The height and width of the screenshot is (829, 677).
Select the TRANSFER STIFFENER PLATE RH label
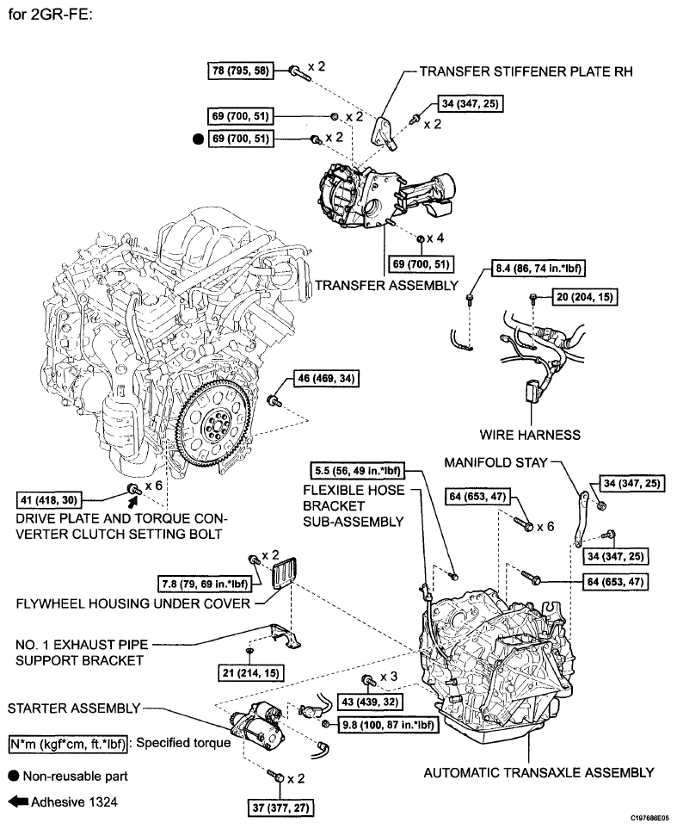coord(526,71)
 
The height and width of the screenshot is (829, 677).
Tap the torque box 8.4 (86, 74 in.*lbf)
coord(539,269)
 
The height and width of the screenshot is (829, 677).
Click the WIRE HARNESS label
coord(530,435)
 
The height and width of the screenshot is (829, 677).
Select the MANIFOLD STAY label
coord(495,462)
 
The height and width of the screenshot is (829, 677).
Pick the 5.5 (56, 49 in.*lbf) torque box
coord(358,470)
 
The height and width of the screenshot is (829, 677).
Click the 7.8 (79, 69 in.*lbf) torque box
coord(205,584)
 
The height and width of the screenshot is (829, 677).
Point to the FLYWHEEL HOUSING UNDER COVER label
coord(133,603)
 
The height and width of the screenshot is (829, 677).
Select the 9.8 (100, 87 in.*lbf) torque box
coord(388,724)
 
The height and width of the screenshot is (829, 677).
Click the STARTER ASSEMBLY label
coord(74,708)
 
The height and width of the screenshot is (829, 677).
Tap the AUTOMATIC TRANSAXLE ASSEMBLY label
coord(539,772)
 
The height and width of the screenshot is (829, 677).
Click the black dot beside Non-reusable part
coord(14,776)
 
